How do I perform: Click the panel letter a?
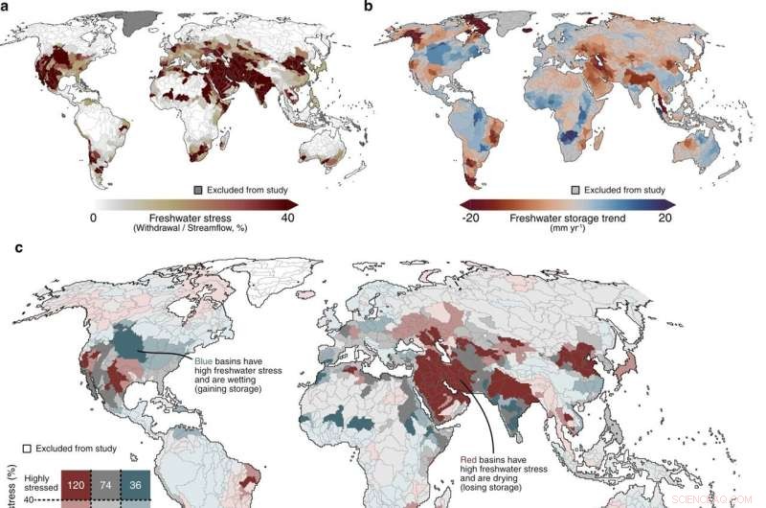point(6,6)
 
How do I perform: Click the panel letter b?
point(391,6)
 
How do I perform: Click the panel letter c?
point(6,246)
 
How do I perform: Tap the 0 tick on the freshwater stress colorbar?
point(94,217)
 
